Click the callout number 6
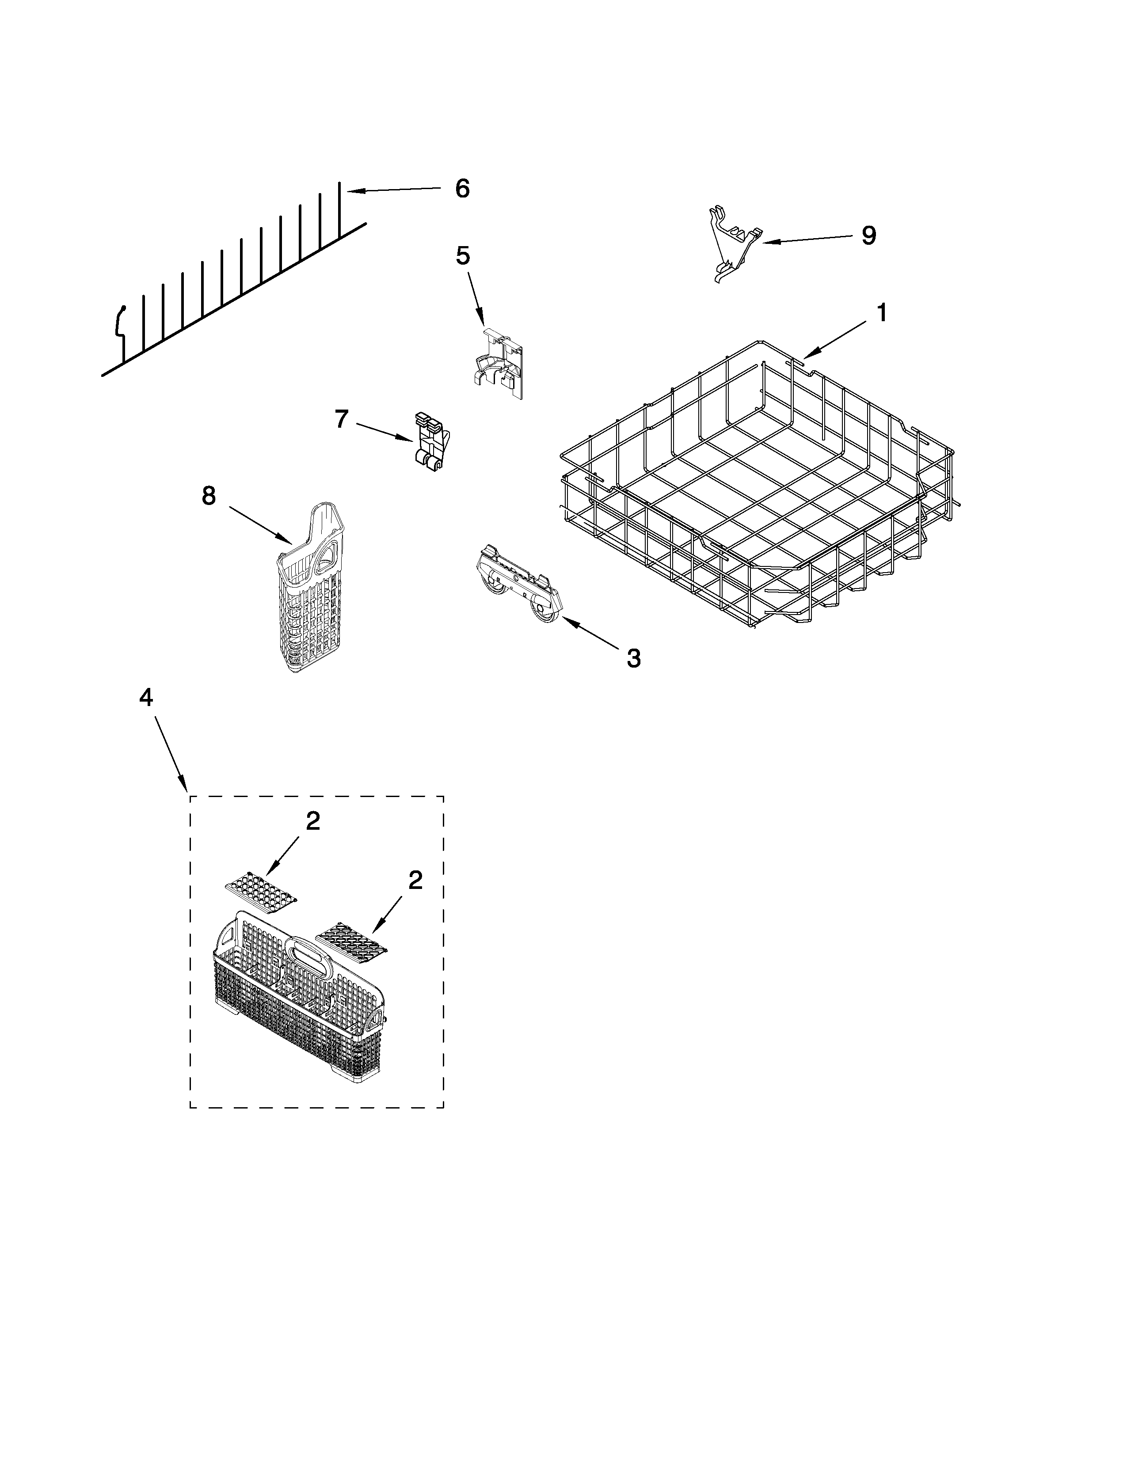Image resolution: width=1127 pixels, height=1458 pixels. [x=462, y=189]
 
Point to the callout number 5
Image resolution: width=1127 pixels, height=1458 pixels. [x=463, y=255]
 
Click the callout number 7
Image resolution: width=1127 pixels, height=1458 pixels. [x=341, y=419]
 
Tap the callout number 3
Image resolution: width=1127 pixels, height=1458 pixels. [x=633, y=658]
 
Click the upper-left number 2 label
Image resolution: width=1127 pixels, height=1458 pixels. [x=312, y=822]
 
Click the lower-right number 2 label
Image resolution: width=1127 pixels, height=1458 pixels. [x=415, y=881]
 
